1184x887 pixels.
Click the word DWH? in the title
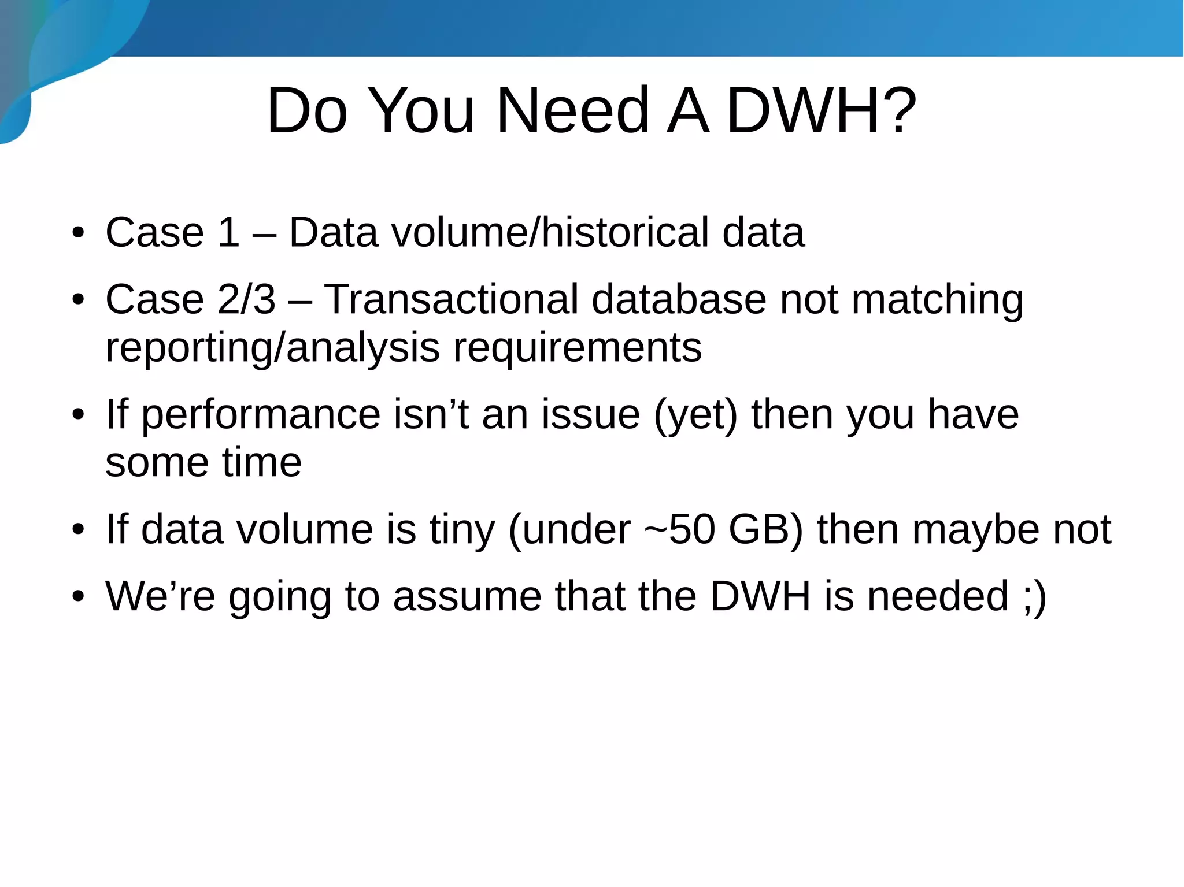[821, 110]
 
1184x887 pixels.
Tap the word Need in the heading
[572, 110]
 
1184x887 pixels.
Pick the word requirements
[577, 349]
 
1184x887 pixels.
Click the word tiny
[462, 530]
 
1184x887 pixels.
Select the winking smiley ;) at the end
[1034, 597]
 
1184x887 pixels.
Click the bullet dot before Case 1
[79, 233]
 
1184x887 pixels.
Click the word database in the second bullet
[679, 299]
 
